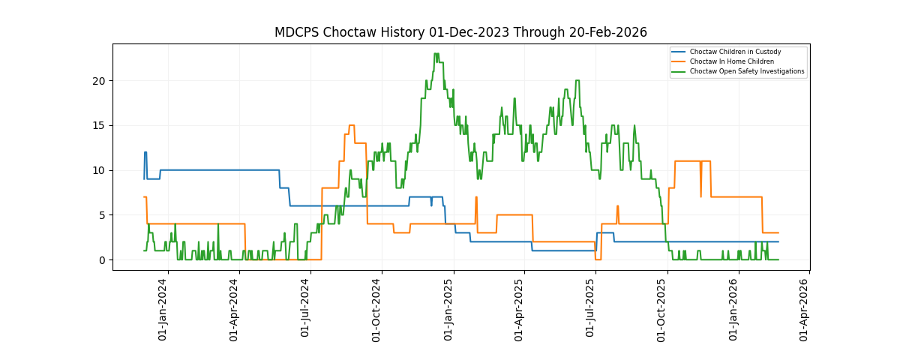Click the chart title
[460, 32]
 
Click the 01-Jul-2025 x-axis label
[591, 309]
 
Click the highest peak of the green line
[436, 54]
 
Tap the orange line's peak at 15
[351, 125]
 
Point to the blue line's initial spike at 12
[145, 152]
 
